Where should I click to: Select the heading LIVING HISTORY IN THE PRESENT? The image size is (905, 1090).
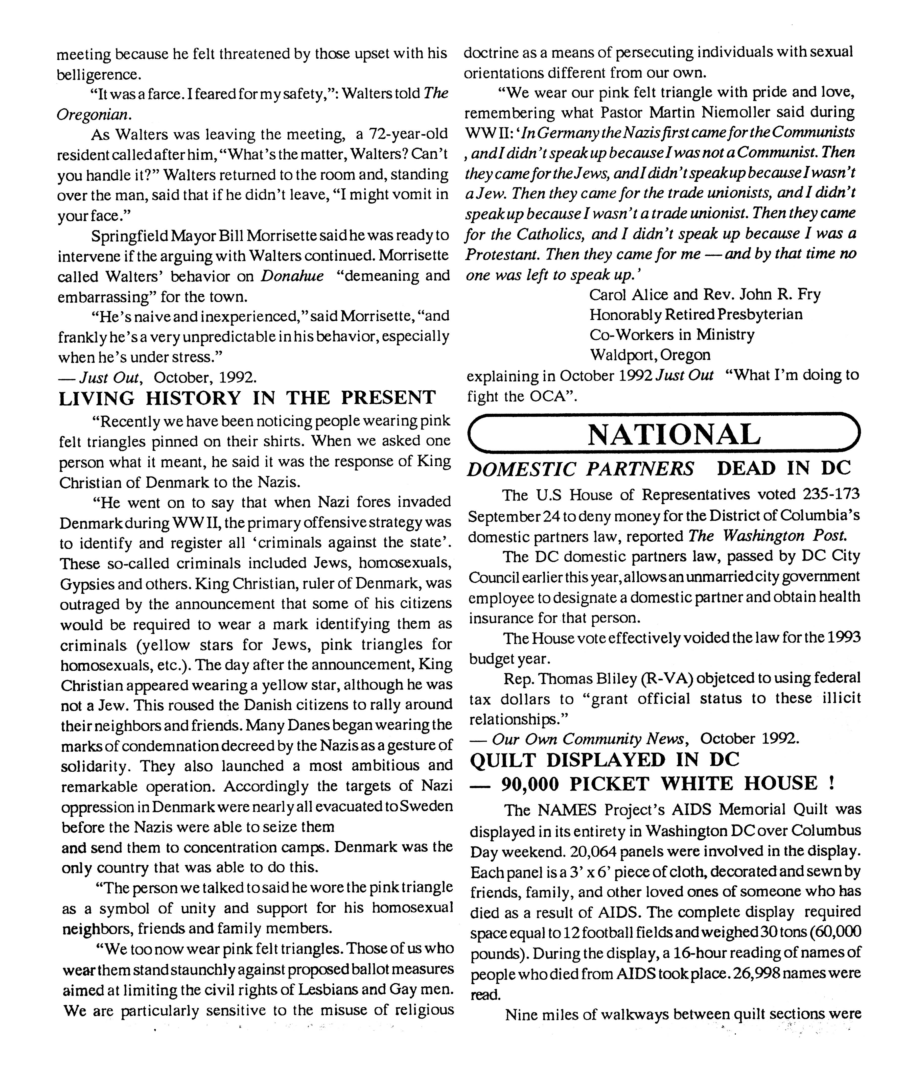point(247,398)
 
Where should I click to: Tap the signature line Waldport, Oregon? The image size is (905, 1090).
point(649,355)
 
